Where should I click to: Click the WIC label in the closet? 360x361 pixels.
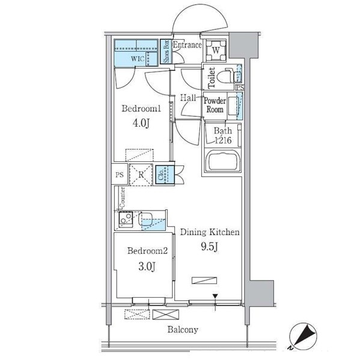(138, 58)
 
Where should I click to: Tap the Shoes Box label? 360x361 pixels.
(166, 52)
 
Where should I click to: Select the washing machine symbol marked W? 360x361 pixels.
(216, 51)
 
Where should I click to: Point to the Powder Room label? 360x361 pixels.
(215, 105)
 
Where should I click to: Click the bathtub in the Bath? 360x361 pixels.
(222, 161)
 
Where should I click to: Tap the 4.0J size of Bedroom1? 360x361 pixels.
(141, 123)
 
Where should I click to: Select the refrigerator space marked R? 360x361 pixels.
(141, 174)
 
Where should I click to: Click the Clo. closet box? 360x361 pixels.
(165, 174)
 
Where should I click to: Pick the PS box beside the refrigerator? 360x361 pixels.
(120, 174)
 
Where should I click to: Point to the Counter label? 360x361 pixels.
(122, 197)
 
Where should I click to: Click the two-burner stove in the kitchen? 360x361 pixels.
(126, 219)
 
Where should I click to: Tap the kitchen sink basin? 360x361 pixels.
(145, 219)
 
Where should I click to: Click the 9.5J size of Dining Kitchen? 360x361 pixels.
(210, 247)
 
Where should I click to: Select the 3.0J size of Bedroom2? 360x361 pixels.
(147, 267)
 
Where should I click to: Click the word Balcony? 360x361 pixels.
(183, 330)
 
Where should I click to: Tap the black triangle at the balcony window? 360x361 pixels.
(215, 296)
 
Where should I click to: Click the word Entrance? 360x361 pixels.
(188, 45)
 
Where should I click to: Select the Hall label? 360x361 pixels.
(188, 98)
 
